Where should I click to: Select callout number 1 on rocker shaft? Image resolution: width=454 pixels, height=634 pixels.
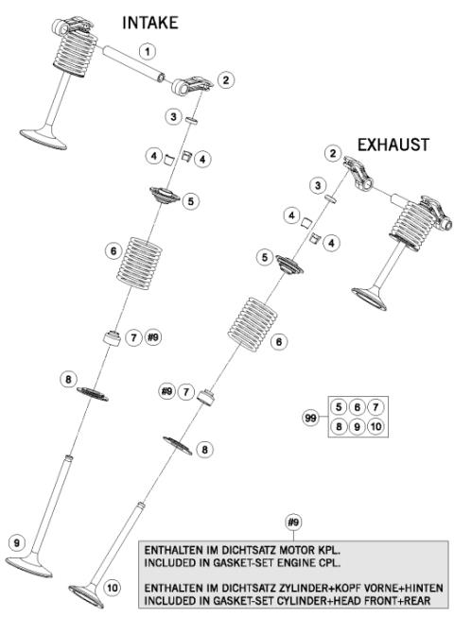pyautogui.click(x=147, y=49)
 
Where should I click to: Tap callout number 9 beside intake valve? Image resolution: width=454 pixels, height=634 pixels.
pyautogui.click(x=16, y=542)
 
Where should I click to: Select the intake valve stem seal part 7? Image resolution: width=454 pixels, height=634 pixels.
pyautogui.click(x=113, y=337)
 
